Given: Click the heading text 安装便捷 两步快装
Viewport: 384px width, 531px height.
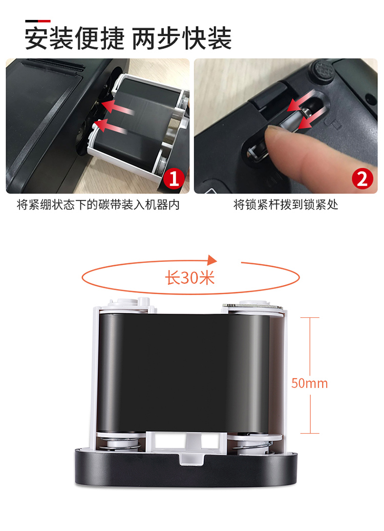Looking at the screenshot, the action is [x=128, y=38].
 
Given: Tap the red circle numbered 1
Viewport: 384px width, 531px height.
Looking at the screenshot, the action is [x=174, y=178].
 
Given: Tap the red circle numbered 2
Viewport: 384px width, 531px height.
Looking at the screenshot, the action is [x=362, y=178].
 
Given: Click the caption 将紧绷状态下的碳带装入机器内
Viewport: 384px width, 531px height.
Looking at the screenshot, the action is [x=98, y=205].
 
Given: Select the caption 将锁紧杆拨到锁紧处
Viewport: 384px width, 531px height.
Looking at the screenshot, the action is [x=286, y=205].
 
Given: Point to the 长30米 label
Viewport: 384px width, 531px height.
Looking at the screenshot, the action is [x=190, y=278].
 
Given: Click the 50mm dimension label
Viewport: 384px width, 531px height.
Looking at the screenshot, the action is [x=310, y=383].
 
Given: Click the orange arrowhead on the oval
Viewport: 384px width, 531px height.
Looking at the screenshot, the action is [x=212, y=260].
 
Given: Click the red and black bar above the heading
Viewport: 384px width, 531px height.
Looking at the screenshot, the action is [x=38, y=21].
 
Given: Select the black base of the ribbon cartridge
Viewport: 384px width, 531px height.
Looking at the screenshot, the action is [x=185, y=467].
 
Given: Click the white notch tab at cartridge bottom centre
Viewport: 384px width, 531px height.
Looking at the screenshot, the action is [x=192, y=446].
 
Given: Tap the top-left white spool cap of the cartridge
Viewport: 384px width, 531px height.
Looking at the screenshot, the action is [x=129, y=302].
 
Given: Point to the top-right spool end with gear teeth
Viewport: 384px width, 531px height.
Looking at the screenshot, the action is [x=252, y=305].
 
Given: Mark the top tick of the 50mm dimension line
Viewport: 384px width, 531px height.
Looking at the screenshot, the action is [x=310, y=318].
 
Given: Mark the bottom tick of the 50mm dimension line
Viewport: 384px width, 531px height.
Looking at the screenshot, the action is [x=310, y=433].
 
